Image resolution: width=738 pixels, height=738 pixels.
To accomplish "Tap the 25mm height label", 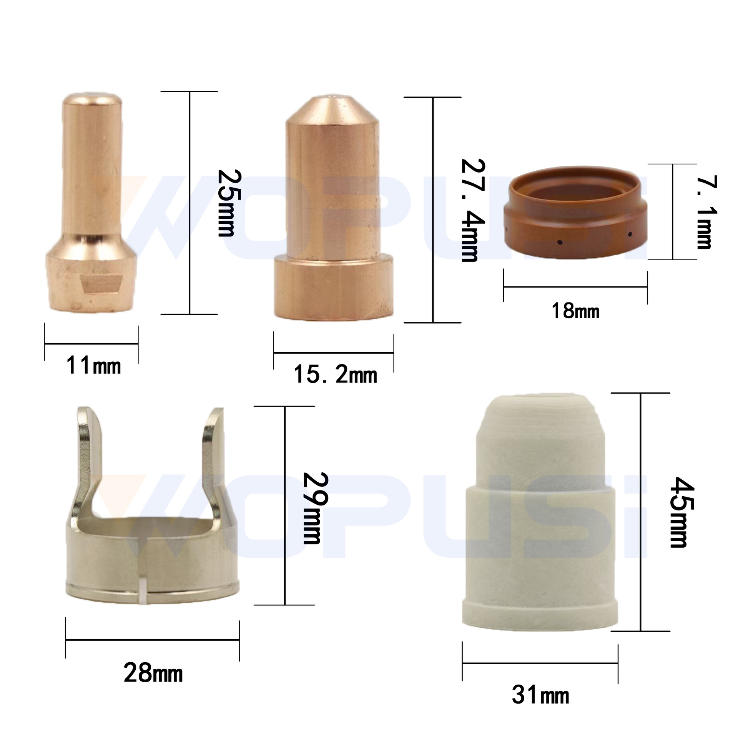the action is [x=229, y=203].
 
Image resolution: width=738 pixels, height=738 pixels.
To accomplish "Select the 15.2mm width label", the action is [x=335, y=374].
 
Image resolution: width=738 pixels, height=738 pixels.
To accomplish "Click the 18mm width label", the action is [x=575, y=311].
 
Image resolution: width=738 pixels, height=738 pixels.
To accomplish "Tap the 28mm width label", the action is [x=153, y=673].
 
